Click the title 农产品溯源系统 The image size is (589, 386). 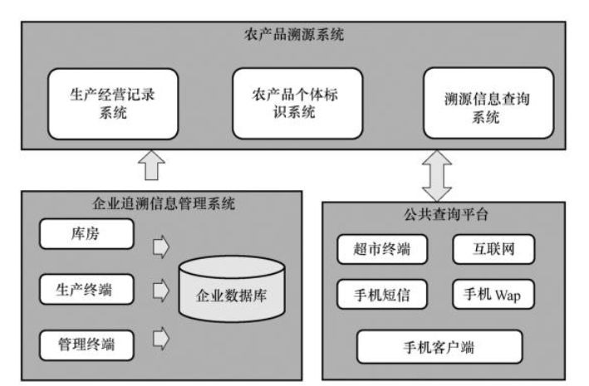click(295, 37)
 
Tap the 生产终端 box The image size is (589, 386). click(86, 290)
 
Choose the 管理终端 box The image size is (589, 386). click(86, 340)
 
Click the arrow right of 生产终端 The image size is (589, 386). click(161, 291)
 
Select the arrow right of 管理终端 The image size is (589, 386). click(161, 337)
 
